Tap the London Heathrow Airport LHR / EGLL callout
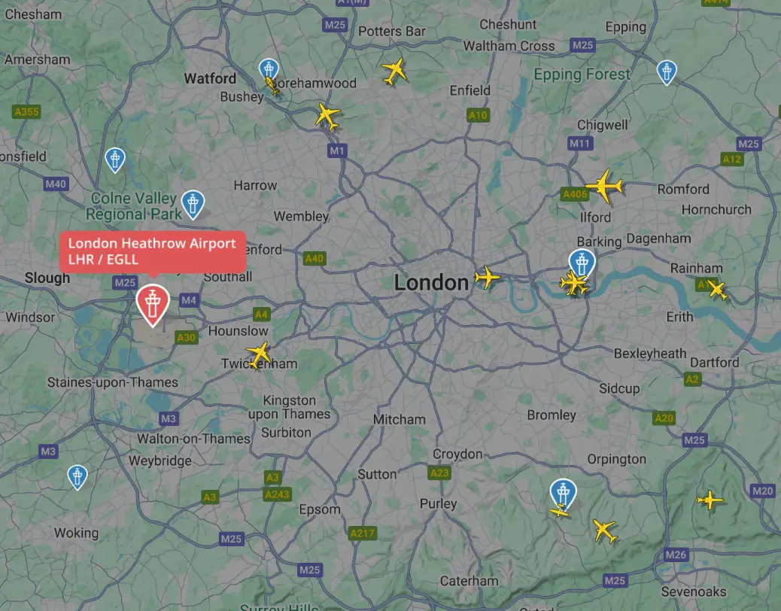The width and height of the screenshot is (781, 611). (x=152, y=251)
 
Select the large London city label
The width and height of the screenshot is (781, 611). (x=431, y=283)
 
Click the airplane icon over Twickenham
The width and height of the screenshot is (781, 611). (x=259, y=353)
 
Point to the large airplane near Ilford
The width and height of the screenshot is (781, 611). (x=604, y=185)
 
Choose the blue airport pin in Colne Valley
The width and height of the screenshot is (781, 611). (x=193, y=203)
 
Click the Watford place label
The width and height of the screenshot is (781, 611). (x=210, y=78)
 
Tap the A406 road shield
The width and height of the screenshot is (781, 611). (x=575, y=194)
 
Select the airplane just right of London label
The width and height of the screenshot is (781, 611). (x=488, y=278)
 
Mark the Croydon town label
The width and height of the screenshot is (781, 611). (x=457, y=454)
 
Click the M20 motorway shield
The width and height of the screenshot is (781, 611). (x=762, y=491)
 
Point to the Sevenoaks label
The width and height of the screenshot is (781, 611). (x=694, y=591)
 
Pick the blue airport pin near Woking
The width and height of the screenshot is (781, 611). (x=77, y=476)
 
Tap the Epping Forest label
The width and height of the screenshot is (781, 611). (x=582, y=74)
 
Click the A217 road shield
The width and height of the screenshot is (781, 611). (x=362, y=533)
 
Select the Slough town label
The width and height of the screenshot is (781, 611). (x=47, y=278)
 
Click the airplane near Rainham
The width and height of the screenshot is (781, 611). (x=717, y=290)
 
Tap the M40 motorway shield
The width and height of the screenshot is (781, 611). (x=56, y=184)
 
